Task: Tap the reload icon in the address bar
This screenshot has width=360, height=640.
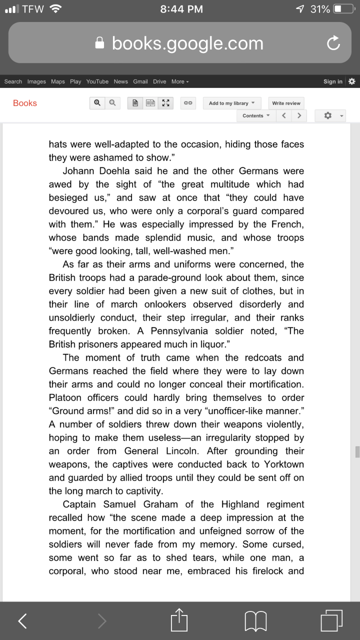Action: [333, 43]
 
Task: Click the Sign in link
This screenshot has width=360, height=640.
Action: [332, 81]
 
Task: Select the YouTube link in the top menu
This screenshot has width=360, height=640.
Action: [97, 81]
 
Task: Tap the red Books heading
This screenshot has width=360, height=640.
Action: [25, 103]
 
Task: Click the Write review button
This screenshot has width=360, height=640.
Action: [286, 103]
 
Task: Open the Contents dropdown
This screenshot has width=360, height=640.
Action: [255, 115]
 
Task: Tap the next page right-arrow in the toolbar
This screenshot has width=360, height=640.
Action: [299, 115]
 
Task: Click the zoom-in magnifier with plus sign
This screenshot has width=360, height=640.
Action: [96, 103]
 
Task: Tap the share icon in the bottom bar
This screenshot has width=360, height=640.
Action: [179, 621]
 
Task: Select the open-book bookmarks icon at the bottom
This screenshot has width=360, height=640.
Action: [255, 621]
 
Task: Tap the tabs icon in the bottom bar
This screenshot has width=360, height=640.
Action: [331, 620]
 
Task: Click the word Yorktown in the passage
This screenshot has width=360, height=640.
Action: [283, 464]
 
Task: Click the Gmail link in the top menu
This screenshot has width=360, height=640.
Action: [140, 81]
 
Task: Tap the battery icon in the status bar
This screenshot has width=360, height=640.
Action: [344, 9]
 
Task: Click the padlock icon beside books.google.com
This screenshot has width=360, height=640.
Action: [100, 43]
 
